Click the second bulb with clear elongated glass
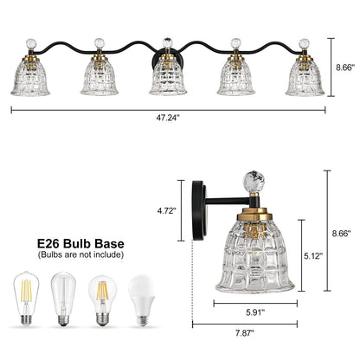pyautogui.click(x=62, y=301)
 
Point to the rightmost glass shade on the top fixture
pyautogui.click(x=305, y=76)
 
